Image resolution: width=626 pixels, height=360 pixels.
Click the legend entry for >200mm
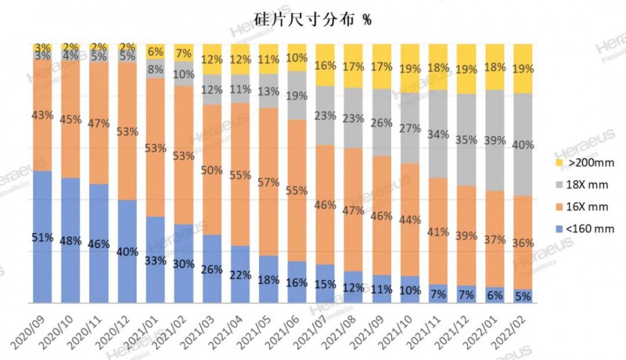tap(580, 163)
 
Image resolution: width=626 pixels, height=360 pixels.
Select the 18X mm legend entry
tap(580, 185)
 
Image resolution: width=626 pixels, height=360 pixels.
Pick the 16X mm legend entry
tap(580, 207)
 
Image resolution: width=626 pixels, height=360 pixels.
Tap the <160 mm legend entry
tap(580, 229)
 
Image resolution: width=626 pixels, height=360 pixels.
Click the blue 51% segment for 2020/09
tap(44, 236)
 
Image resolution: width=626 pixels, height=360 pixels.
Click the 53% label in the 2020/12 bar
tap(129, 130)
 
